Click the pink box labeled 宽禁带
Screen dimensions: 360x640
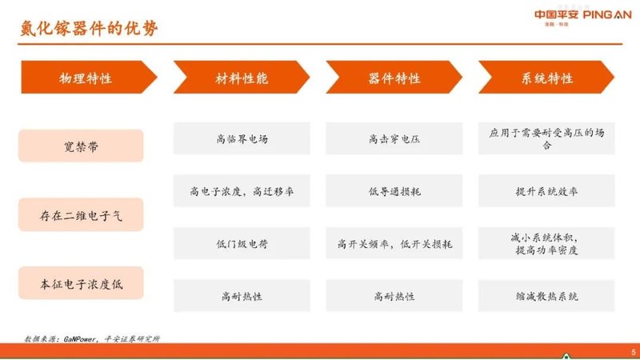pos(81,146)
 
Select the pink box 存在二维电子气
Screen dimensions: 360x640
pos(81,214)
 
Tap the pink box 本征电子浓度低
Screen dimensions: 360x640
pos(81,283)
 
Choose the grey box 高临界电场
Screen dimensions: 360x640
pos(242,139)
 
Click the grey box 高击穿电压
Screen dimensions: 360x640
pos(394,139)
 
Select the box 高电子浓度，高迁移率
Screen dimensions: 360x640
pos(242,191)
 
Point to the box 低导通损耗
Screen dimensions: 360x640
pos(394,191)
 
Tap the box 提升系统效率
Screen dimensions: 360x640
pos(547,191)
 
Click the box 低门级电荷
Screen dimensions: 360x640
pos(242,243)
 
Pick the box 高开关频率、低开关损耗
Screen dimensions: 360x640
pos(394,243)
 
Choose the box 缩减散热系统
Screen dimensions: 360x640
pos(547,296)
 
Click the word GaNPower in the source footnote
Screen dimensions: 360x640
pos(77,338)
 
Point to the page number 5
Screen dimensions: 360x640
pos(633,351)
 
